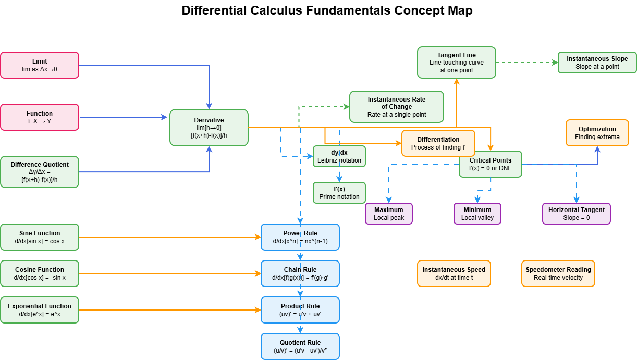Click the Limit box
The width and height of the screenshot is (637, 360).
(40, 65)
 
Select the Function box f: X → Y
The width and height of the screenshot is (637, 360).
(40, 117)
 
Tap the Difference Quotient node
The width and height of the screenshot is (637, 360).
(40, 172)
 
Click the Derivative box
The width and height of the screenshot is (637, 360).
(209, 128)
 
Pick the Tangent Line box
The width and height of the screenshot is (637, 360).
(456, 63)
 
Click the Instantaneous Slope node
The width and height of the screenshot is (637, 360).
(597, 63)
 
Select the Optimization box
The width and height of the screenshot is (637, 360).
(597, 133)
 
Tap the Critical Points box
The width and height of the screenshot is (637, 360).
(490, 164)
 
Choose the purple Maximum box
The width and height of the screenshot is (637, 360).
(388, 214)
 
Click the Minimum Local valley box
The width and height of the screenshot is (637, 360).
(477, 214)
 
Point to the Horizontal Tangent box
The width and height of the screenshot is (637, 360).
(576, 214)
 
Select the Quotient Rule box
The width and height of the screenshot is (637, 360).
(300, 346)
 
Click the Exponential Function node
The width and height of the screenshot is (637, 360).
(40, 310)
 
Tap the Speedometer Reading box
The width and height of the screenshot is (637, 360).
(558, 274)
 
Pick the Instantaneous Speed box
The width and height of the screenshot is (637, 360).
(454, 274)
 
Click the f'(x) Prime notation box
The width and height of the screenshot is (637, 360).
(339, 193)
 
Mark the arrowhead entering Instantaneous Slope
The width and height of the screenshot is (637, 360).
(555, 63)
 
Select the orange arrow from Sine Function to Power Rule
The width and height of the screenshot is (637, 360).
(169, 237)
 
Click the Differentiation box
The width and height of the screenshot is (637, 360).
(438, 143)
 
